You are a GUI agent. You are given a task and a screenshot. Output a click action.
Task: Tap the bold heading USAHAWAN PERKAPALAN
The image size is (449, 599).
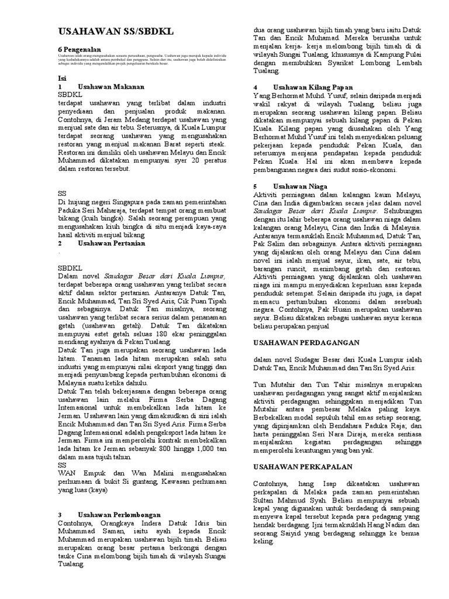click(x=302, y=466)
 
